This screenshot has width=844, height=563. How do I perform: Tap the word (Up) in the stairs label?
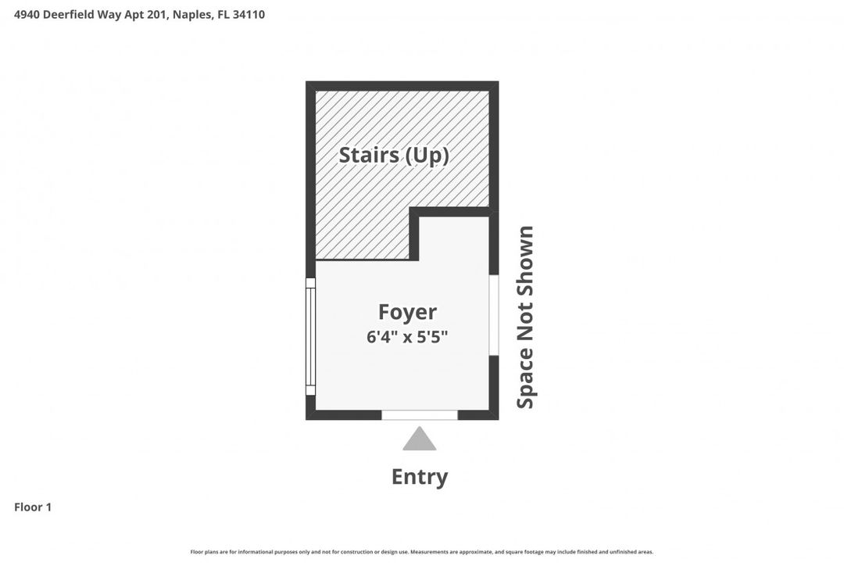pyautogui.click(x=425, y=155)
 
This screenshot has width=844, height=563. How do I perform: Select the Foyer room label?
pyautogui.click(x=407, y=312)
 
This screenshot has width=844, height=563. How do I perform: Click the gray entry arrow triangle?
pyautogui.click(x=420, y=439)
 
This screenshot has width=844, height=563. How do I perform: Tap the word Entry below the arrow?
pyautogui.click(x=420, y=477)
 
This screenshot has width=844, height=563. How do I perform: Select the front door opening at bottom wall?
pyautogui.click(x=420, y=414)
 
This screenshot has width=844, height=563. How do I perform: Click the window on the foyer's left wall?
pyautogui.click(x=310, y=336)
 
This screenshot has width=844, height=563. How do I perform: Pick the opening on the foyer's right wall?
pyautogui.click(x=494, y=314)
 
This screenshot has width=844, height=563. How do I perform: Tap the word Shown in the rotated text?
pyautogui.click(x=525, y=259)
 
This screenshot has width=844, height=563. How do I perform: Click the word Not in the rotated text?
pyautogui.click(x=525, y=321)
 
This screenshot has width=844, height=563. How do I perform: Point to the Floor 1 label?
pyautogui.click(x=33, y=507)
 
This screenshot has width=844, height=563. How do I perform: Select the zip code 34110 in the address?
pyautogui.click(x=249, y=14)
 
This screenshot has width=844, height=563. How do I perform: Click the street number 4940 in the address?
pyautogui.click(x=28, y=14)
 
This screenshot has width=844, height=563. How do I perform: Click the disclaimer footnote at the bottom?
pyautogui.click(x=422, y=552)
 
